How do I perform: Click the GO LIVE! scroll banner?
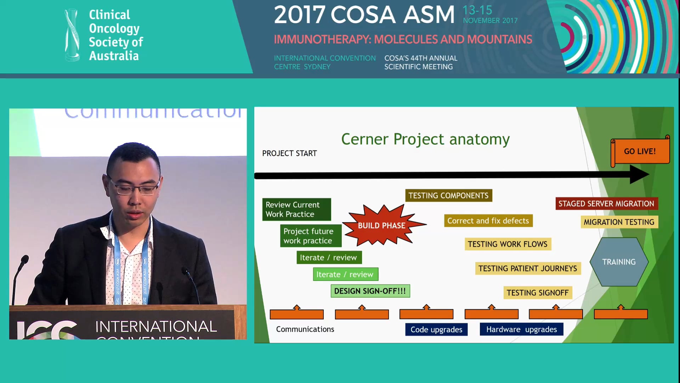point(640,151)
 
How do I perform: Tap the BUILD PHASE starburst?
point(381,226)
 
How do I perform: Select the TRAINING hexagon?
point(619,262)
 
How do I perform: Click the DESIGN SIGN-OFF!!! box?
point(370,291)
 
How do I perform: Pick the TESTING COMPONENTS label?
point(448,196)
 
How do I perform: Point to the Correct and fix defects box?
point(488,221)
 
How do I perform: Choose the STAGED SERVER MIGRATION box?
point(606,204)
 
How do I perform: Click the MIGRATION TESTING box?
point(619,222)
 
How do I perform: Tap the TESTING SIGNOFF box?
point(537,293)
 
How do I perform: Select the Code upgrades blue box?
point(436,330)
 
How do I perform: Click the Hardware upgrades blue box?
point(521,330)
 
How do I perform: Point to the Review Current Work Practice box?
point(296,210)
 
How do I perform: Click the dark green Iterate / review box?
point(329,258)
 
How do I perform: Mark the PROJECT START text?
point(289,154)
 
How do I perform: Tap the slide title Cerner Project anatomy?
point(425,139)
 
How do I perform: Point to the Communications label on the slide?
point(305,329)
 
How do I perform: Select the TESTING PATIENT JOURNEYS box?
point(527,269)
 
